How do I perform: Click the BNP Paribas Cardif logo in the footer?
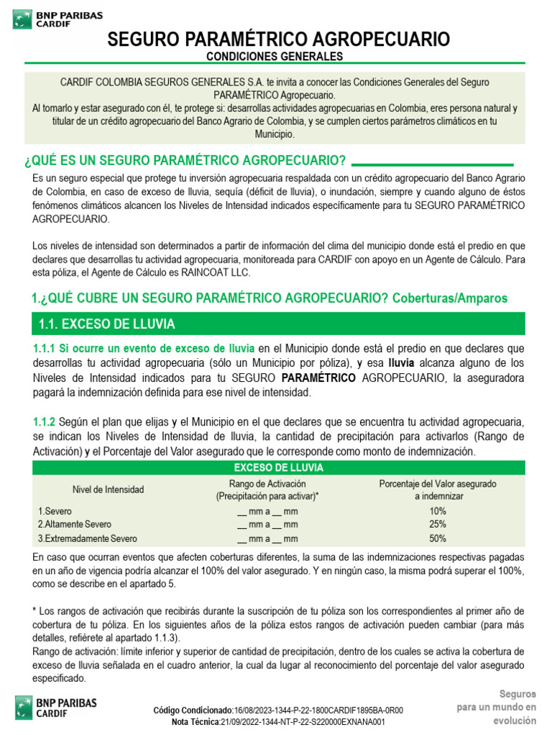click(56, 707)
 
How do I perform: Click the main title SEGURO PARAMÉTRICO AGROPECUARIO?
click(279, 39)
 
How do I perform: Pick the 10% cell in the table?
click(438, 511)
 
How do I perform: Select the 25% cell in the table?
click(438, 525)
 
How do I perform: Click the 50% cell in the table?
click(438, 538)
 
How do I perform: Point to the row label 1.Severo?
click(55, 511)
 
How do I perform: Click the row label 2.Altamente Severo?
click(75, 525)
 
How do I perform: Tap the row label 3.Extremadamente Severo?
click(87, 538)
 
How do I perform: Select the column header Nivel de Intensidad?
click(108, 490)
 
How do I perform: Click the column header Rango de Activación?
click(267, 484)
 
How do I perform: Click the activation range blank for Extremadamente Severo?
click(267, 538)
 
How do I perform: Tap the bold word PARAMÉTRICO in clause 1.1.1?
click(318, 378)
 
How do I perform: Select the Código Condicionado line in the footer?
click(278, 711)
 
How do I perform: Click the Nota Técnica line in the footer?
click(278, 722)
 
